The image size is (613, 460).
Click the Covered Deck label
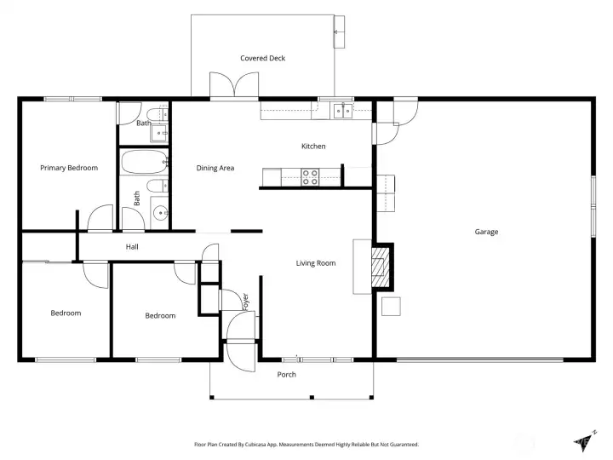tap(263, 58)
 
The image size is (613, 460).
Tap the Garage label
tap(486, 232)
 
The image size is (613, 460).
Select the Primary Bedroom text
tap(69, 168)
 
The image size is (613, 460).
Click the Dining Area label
tap(215, 168)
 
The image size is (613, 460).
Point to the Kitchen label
tap(313, 147)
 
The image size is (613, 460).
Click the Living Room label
tap(316, 263)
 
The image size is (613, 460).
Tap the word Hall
tap(132, 247)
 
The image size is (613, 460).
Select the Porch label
tap(287, 375)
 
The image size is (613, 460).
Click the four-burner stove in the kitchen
tap(310, 177)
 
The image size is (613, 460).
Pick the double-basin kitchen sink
tap(343, 111)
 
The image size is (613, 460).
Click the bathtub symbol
tap(144, 162)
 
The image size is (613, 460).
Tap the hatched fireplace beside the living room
tap(381, 267)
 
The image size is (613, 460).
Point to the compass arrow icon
tap(585, 441)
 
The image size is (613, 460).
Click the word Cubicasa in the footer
tap(255, 445)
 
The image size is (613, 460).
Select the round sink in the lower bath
tap(160, 213)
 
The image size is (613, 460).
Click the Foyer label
tap(245, 302)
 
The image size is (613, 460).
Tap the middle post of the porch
tap(312, 398)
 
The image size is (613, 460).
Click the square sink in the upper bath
tap(159, 134)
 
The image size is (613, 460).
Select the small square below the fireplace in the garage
tap(391, 307)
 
